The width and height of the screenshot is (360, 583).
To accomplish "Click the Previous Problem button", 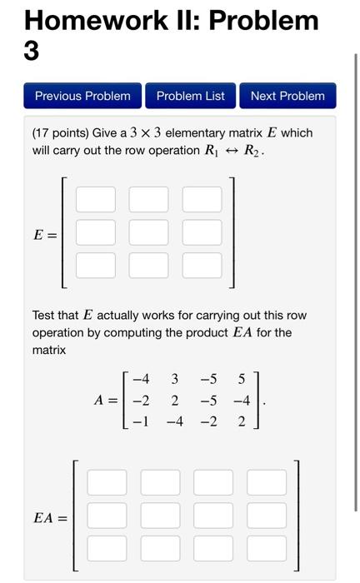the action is pyautogui.click(x=82, y=96).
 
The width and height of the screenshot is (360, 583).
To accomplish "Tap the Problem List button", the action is pyautogui.click(x=191, y=96).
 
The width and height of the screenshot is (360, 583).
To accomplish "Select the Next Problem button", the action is pyautogui.click(x=287, y=96).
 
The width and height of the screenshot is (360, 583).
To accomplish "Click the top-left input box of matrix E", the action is pyautogui.click(x=96, y=200).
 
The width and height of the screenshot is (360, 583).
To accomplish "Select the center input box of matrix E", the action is pyautogui.click(x=148, y=232).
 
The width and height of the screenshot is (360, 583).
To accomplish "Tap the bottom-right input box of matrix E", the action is pyautogui.click(x=202, y=265).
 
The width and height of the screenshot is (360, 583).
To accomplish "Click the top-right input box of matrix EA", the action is pyautogui.click(x=266, y=482).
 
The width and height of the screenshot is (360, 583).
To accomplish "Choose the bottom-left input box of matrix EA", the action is pyautogui.click(x=107, y=547).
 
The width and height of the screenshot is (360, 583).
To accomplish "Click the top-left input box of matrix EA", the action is pyautogui.click(x=107, y=482).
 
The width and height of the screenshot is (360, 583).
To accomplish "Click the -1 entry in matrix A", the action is pyautogui.click(x=140, y=421).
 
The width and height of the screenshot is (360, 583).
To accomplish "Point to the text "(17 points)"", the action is pyautogui.click(x=62, y=133).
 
